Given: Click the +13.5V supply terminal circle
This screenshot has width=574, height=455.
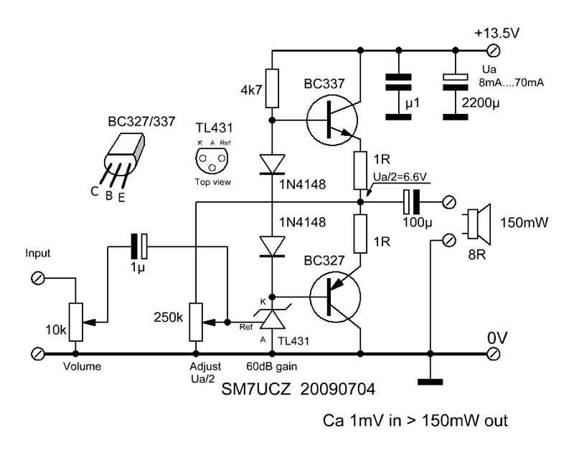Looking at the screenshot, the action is click(x=494, y=50).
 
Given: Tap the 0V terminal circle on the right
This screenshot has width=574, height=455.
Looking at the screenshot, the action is click(x=494, y=354).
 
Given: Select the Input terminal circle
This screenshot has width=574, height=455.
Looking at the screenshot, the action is click(x=38, y=279).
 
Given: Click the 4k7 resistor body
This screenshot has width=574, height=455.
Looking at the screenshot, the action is click(x=272, y=88).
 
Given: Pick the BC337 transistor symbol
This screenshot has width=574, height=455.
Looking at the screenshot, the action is click(x=331, y=120).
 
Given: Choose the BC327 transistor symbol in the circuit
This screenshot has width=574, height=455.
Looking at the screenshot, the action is click(x=334, y=297).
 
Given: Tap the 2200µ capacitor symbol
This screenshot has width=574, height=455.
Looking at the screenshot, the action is click(x=456, y=97).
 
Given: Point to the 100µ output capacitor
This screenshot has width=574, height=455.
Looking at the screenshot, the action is click(x=411, y=202).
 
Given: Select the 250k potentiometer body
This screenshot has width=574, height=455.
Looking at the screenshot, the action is click(x=196, y=322).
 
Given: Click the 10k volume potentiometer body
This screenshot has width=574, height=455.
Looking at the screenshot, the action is click(x=76, y=322).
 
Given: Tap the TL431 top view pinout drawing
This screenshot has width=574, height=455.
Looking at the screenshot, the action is click(x=212, y=160).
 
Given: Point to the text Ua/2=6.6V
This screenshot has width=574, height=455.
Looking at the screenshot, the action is click(x=400, y=177).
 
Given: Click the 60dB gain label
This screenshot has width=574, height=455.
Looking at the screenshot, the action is click(x=272, y=366).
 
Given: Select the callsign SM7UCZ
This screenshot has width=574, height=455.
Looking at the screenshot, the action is click(x=256, y=389).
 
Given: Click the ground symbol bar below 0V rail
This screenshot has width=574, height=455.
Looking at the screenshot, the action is click(x=430, y=383).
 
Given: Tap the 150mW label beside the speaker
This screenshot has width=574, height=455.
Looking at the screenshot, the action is click(x=524, y=223).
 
